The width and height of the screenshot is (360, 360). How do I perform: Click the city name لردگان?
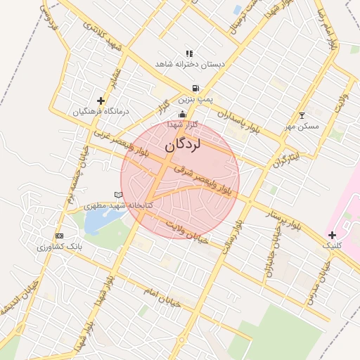pyautogui.click(x=182, y=146)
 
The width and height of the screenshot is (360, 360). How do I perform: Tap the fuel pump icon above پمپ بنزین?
pyautogui.click(x=193, y=89)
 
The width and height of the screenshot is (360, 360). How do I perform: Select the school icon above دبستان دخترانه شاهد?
pyautogui.click(x=189, y=53)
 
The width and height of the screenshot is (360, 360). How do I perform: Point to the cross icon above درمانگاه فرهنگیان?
pyautogui.click(x=101, y=101)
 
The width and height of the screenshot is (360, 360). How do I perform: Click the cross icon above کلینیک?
pyautogui.click(x=332, y=235)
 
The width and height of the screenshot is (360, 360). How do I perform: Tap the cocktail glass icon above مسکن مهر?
pyautogui.click(x=302, y=115)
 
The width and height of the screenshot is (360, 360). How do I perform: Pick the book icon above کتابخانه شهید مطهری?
pyautogui.click(x=117, y=195)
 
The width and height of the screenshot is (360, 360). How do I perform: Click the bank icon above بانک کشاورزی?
pyautogui.click(x=59, y=236)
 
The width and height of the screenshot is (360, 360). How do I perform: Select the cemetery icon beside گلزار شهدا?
pyautogui.click(x=183, y=114)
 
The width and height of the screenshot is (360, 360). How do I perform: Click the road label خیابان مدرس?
pyautogui.click(x=317, y=281)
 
